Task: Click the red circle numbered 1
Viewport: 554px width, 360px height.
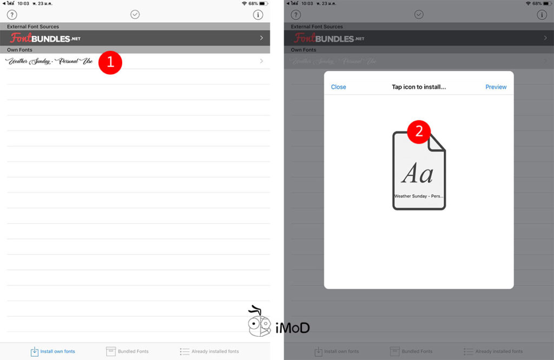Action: [110, 62]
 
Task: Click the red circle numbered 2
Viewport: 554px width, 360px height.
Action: [418, 132]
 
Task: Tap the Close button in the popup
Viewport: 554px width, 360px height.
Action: [338, 87]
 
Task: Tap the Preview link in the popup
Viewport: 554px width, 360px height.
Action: [496, 87]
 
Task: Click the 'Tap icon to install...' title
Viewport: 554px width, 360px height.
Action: [418, 87]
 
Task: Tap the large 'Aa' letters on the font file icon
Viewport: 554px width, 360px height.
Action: [418, 174]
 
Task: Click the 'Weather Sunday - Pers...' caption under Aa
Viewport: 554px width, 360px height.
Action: [419, 196]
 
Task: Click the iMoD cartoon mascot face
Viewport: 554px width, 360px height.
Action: [259, 324]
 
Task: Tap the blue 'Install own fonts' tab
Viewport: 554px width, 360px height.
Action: [52, 351]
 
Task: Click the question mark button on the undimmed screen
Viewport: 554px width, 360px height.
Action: [12, 15]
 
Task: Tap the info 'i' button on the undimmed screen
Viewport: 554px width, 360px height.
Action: [258, 15]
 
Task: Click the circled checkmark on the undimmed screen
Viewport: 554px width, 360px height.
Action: [135, 15]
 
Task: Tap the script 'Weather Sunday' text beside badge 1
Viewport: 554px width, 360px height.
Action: [49, 62]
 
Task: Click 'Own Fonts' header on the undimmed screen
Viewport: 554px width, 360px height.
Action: [19, 50]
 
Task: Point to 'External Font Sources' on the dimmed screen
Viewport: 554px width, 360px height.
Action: [316, 26]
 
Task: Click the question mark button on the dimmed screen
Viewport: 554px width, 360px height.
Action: [296, 15]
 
